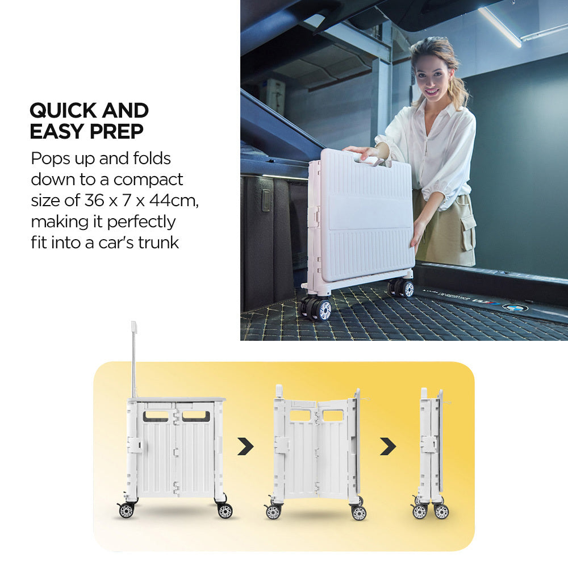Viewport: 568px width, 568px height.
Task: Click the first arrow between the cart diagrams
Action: coord(245,446)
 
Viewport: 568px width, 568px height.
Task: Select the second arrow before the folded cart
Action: coord(388,446)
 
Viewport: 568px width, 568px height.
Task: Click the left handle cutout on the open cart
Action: coord(156,416)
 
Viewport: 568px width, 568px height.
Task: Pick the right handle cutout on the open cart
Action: coord(196,416)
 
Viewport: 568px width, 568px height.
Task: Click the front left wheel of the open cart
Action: coord(126,510)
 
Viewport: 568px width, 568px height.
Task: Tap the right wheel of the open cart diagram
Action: coord(225,511)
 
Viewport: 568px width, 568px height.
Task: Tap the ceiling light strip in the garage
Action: coord(499,27)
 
